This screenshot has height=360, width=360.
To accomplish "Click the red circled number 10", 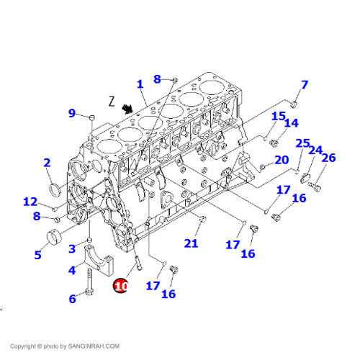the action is (120, 286).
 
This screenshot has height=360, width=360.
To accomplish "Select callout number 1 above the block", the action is (140, 84).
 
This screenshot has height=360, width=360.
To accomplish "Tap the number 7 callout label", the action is (305, 85).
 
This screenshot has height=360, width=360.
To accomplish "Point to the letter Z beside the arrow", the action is (112, 102).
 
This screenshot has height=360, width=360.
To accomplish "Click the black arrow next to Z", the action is (127, 109).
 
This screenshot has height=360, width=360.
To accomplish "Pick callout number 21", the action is (191, 243).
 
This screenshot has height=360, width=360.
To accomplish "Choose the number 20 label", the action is (282, 160).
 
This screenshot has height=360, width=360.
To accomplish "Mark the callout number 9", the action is (72, 113).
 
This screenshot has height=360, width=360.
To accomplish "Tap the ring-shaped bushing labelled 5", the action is (54, 237).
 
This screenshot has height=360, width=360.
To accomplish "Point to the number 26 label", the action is (328, 158).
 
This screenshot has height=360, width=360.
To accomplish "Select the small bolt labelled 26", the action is (315, 186).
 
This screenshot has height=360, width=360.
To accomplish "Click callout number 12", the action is (30, 202).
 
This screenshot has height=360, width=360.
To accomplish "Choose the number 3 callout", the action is (72, 248).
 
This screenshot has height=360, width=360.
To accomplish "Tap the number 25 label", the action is (302, 143).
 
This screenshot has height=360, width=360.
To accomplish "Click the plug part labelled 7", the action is (294, 104).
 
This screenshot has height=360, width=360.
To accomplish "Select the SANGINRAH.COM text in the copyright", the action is (94, 346).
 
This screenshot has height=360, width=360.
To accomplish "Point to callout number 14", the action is (292, 123).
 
